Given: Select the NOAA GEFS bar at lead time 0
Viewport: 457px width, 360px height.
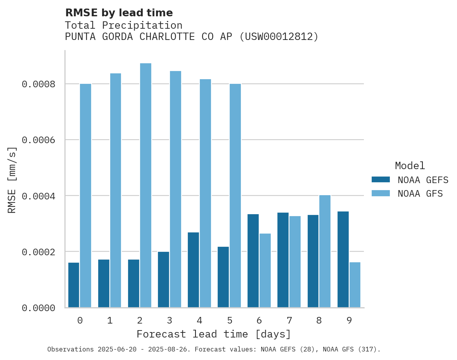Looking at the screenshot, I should pyautogui.click(x=74, y=285).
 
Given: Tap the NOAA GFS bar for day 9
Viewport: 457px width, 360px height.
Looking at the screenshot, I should pyautogui.click(x=355, y=285).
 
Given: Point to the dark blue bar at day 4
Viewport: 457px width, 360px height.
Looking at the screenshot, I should pyautogui.click(x=193, y=270).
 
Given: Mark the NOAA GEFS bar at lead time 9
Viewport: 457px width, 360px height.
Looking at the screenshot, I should pyautogui.click(x=343, y=260).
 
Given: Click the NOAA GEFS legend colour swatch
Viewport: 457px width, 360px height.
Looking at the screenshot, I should pyautogui.click(x=380, y=180).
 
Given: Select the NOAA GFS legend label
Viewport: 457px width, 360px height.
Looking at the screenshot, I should pyautogui.click(x=420, y=194).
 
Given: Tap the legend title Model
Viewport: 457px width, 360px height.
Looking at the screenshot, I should pyautogui.click(x=410, y=166).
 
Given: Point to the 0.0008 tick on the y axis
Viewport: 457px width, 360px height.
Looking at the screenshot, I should pyautogui.click(x=38, y=84).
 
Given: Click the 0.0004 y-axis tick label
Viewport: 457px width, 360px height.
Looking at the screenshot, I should pyautogui.click(x=38, y=196).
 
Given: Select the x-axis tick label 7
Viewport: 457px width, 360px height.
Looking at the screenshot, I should pyautogui.click(x=289, y=321).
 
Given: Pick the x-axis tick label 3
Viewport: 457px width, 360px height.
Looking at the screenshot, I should pyautogui.click(x=170, y=321).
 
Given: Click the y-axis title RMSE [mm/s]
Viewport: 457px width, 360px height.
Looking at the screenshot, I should pyautogui.click(x=12, y=180).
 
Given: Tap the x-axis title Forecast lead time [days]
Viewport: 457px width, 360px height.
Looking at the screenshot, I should pyautogui.click(x=214, y=334).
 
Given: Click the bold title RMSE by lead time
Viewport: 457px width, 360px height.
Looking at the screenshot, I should pyautogui.click(x=119, y=13).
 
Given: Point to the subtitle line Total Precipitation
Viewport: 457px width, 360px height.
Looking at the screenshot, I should pyautogui.click(x=123, y=25).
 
